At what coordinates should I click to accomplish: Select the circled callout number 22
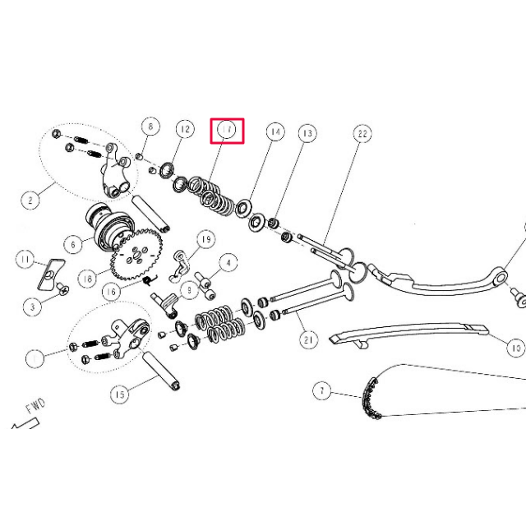362,133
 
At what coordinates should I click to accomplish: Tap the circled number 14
275,131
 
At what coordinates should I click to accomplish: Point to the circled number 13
307,133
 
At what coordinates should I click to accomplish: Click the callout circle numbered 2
30,199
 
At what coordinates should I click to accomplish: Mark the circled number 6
74,244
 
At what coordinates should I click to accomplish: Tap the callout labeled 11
27,261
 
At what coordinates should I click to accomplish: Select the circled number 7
321,390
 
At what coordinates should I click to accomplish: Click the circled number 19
205,239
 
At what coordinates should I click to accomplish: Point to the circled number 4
228,263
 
